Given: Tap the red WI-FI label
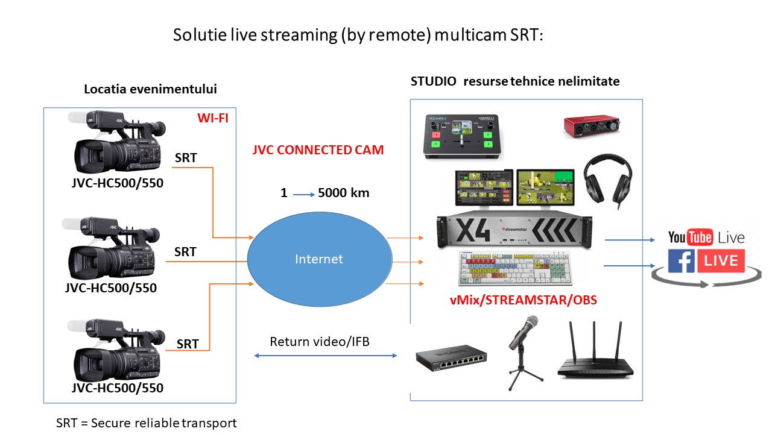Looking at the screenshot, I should coord(213,117).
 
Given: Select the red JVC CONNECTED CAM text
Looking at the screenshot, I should coord(318,150).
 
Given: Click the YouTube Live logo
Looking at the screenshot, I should coord(706,237).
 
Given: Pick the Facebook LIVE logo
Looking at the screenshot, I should coord(706,261).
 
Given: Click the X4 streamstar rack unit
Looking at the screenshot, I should coord(514,230).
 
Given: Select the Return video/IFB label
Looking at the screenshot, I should coord(320,342).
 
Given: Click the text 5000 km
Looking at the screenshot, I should coord(343,193).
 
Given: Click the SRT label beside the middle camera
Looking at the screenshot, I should coord(185,252).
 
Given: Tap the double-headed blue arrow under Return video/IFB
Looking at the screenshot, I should coord(326,356).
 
